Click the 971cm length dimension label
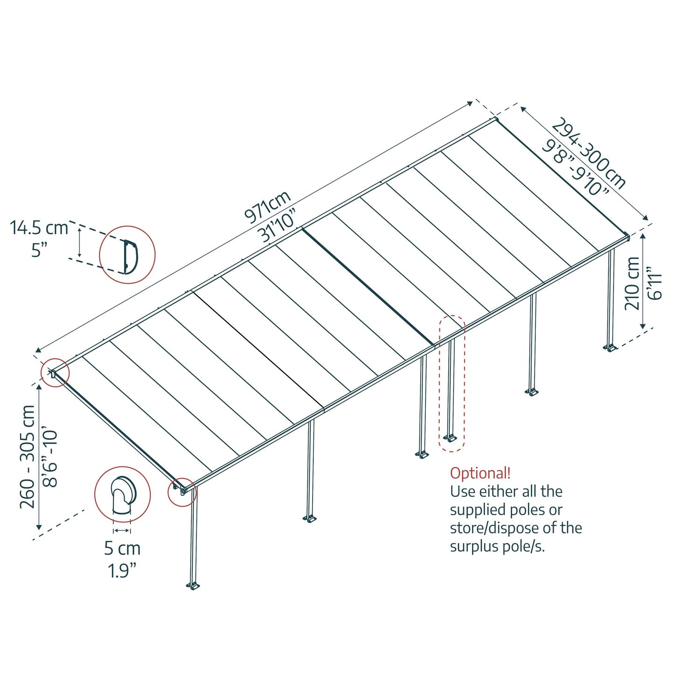pos(267,206)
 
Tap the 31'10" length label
pos(279,227)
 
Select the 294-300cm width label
pos(589,153)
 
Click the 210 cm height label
pos(632,283)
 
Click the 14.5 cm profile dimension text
pos(39,228)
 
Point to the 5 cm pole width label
pos(122,549)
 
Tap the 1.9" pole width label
pos(122,570)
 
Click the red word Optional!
pos(480,473)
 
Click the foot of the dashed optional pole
pos(450,438)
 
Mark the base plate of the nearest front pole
pos(194,586)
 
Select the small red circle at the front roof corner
pos(182,492)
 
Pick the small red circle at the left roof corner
pos(55,373)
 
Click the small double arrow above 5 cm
pos(122,531)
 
